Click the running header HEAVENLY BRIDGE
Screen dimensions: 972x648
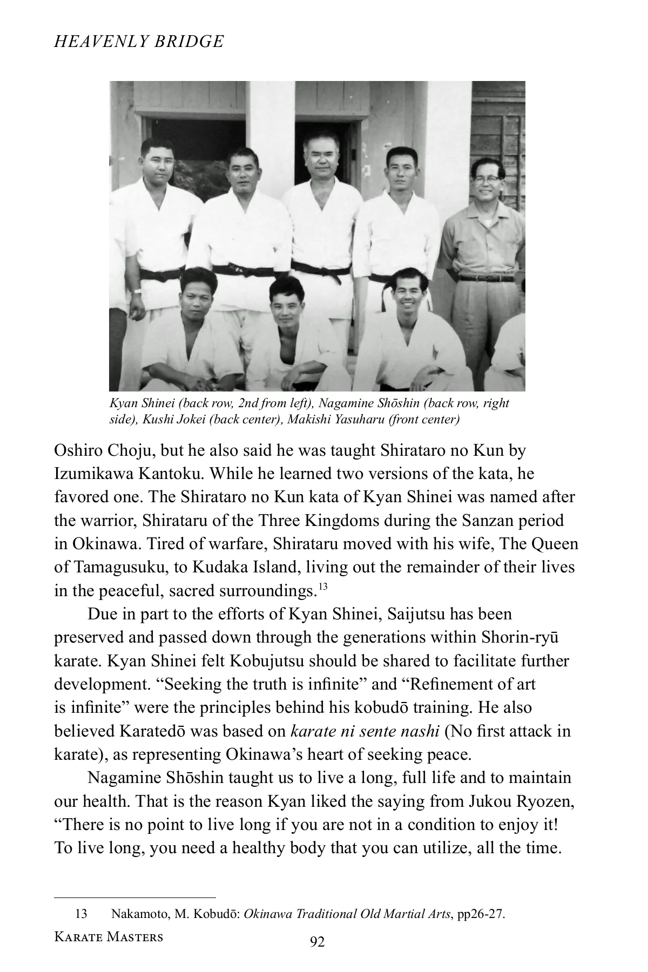[139, 42]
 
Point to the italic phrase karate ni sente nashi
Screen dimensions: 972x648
[364, 731]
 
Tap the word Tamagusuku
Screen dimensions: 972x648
[120, 567]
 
